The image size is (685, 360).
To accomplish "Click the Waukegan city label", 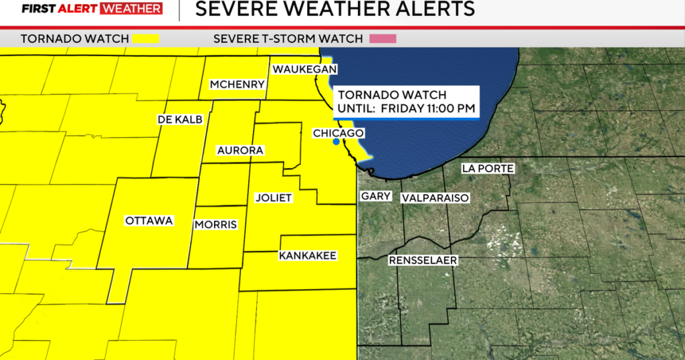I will point(304,70).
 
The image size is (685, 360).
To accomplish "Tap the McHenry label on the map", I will point(237,84).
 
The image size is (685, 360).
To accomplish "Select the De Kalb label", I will point(179,119).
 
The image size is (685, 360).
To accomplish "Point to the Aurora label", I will point(240,151).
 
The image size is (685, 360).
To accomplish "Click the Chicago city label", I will point(338,133).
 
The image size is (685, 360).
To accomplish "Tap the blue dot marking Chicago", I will point(336,142).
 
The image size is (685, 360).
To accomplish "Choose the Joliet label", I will point(274,198).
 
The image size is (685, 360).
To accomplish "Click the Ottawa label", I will point(149,221).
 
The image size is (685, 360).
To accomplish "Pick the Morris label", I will point(215,225).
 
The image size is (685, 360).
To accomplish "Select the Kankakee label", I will point(307,256).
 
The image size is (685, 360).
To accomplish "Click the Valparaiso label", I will point(435,198).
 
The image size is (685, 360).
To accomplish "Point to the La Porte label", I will point(488,169).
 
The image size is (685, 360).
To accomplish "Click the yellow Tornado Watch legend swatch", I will point(146,38).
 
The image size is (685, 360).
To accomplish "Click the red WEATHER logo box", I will point(131,9).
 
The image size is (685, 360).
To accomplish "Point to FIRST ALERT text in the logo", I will point(59,9).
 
